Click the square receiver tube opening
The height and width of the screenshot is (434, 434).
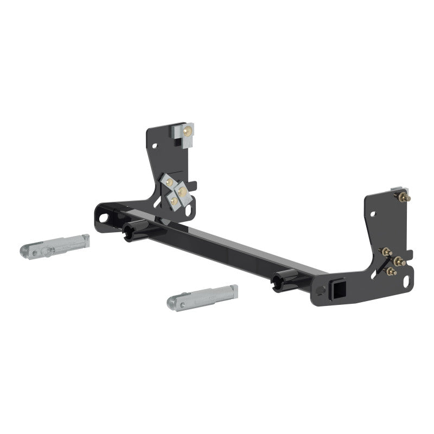tap(331, 288)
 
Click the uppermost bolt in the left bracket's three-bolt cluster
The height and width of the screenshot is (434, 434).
tap(170, 181)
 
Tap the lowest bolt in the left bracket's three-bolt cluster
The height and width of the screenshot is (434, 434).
tap(174, 201)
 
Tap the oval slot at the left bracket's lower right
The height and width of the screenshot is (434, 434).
tap(188, 212)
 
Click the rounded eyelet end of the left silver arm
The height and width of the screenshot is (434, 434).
tap(28, 251)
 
